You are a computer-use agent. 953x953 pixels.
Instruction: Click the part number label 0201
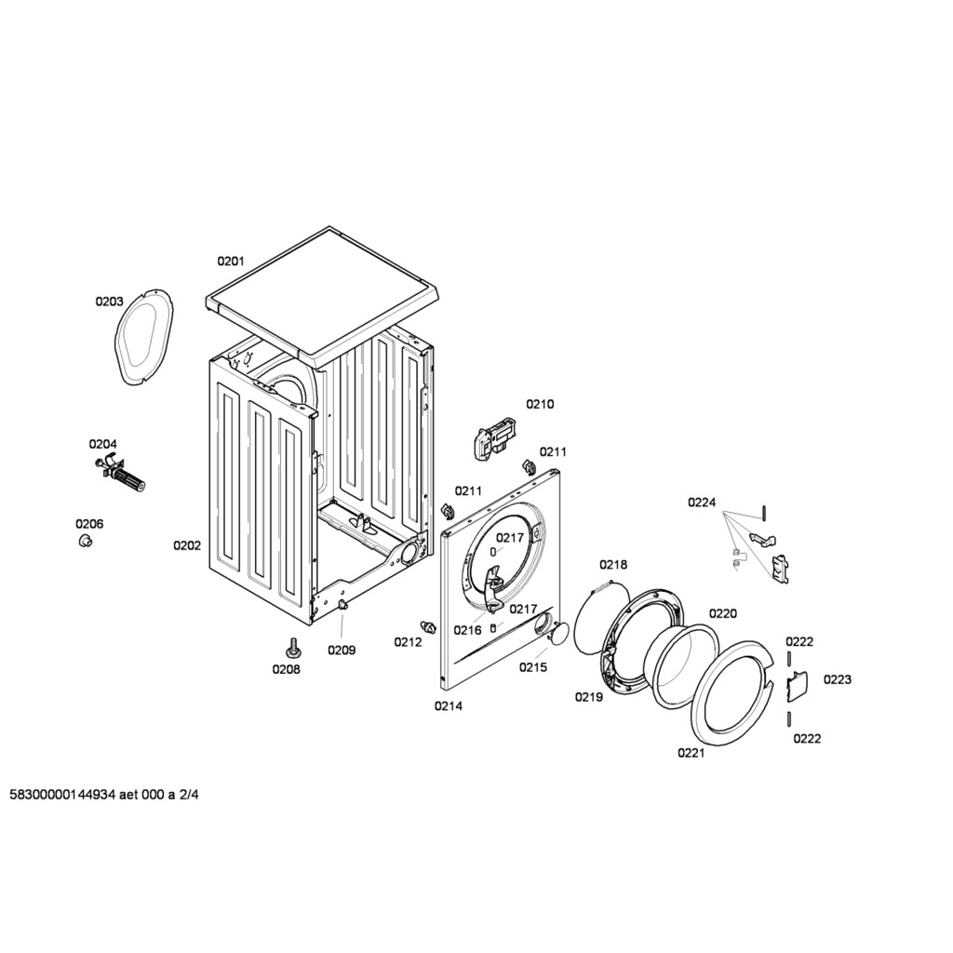pyautogui.click(x=231, y=262)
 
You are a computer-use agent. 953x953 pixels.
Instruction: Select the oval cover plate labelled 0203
pyautogui.click(x=143, y=337)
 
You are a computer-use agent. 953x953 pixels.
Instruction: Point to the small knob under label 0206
pyautogui.click(x=85, y=541)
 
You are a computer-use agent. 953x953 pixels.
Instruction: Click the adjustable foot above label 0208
pyautogui.click(x=293, y=648)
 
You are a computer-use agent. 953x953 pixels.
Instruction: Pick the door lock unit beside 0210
pyautogui.click(x=493, y=437)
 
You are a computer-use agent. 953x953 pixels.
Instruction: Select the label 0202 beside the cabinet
pyautogui.click(x=187, y=545)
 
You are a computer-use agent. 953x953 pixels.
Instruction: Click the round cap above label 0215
pyautogui.click(x=559, y=633)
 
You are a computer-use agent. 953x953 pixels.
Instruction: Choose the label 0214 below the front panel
pyautogui.click(x=448, y=706)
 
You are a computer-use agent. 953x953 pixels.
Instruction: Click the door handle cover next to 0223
pyautogui.click(x=795, y=684)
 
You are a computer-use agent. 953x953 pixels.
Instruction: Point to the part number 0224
pyautogui.click(x=702, y=503)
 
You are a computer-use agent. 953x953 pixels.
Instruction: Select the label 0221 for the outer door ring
pyautogui.click(x=691, y=753)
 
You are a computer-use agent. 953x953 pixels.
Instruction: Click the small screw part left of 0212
pyautogui.click(x=429, y=626)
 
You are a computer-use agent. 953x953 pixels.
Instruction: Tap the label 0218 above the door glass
pyautogui.click(x=613, y=565)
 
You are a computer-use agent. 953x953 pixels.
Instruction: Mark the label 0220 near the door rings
pyautogui.click(x=722, y=614)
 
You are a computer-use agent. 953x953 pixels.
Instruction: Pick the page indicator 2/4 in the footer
pyautogui.click(x=188, y=795)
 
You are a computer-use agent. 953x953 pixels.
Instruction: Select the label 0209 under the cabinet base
pyautogui.click(x=342, y=651)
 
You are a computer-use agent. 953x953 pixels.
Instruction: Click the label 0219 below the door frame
pyautogui.click(x=589, y=697)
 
